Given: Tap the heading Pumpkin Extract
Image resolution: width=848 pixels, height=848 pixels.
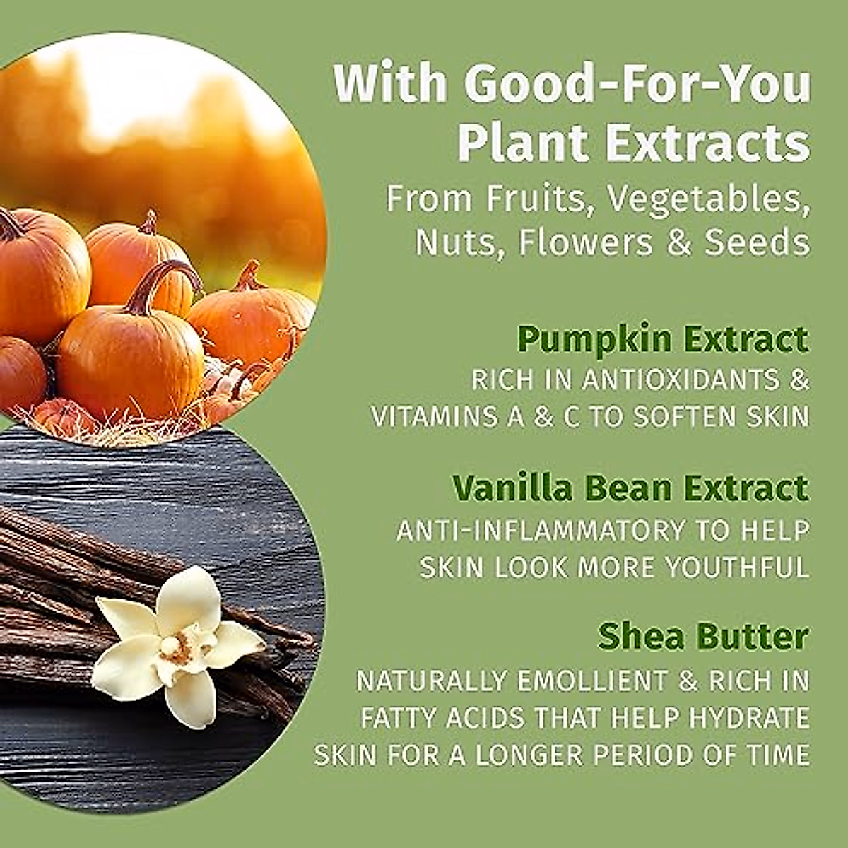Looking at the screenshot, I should pyautogui.click(x=663, y=340).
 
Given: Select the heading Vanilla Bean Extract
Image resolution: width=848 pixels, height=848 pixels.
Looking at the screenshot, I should pyautogui.click(x=630, y=488).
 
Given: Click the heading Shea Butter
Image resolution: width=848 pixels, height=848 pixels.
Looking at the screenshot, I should pyautogui.click(x=702, y=636).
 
